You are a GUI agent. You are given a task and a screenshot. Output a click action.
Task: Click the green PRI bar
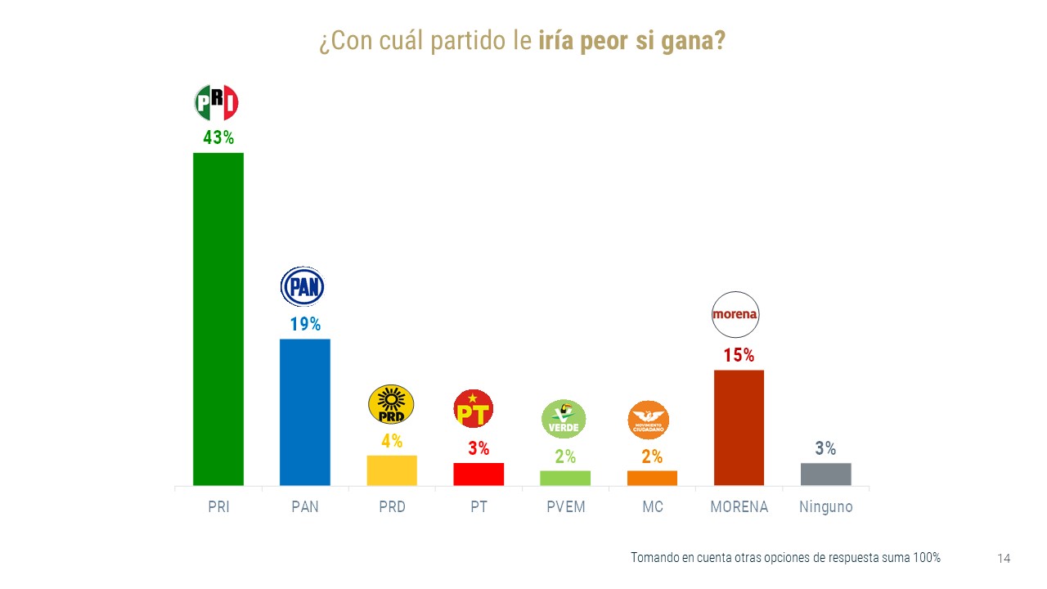point(218,319)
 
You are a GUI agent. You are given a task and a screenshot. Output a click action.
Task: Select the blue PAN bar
point(304,412)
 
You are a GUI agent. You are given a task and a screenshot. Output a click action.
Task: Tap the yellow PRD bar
point(392,470)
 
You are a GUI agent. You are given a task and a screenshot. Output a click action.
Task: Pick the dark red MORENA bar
point(739,428)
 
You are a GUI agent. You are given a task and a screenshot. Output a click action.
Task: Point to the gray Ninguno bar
point(825,474)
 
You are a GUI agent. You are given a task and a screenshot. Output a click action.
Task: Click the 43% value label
point(218,138)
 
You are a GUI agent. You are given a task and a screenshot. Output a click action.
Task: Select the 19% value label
point(305,324)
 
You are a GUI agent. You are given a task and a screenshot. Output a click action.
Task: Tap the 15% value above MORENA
point(739,356)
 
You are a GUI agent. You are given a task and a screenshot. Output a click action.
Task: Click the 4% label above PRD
point(392,441)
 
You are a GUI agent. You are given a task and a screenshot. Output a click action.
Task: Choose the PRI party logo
point(216,103)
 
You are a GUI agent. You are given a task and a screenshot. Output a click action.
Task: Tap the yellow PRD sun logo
point(392,405)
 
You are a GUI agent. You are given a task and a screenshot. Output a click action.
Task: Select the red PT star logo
point(474,409)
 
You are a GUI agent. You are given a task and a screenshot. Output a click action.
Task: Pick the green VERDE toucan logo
point(564,419)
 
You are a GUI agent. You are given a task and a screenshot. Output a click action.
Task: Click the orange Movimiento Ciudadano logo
point(649,420)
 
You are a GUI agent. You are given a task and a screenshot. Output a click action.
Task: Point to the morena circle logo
point(735,314)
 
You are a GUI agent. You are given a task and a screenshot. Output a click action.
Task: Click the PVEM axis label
point(566,507)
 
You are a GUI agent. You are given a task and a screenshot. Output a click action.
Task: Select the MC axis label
point(653,507)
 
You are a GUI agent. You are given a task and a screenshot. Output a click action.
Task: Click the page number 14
point(1004,559)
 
